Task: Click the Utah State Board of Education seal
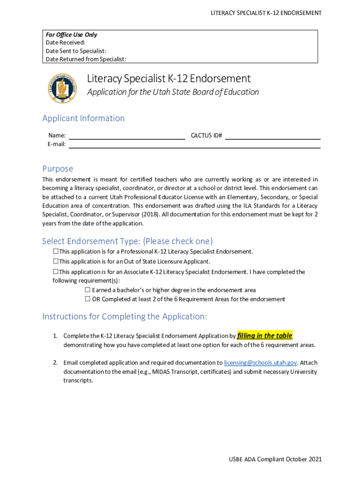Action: tap(62, 88)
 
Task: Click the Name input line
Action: tap(127, 136)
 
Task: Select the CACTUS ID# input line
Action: tap(273, 136)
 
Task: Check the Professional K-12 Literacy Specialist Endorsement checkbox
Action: tap(56, 252)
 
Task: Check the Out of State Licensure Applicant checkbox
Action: tap(56, 261)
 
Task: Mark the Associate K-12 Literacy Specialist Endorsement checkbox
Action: tap(56, 272)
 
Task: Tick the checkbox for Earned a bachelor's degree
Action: tap(87, 290)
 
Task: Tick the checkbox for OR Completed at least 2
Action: tap(87, 299)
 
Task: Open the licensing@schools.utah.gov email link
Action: tap(260, 363)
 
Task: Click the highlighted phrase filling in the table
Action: tap(265, 336)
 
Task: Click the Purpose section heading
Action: tap(58, 168)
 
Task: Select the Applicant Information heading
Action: tap(83, 118)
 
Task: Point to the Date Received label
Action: tap(65, 43)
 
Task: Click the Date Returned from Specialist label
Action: tap(86, 59)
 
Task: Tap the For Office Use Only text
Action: tap(72, 35)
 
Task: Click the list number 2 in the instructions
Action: tap(55, 363)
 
